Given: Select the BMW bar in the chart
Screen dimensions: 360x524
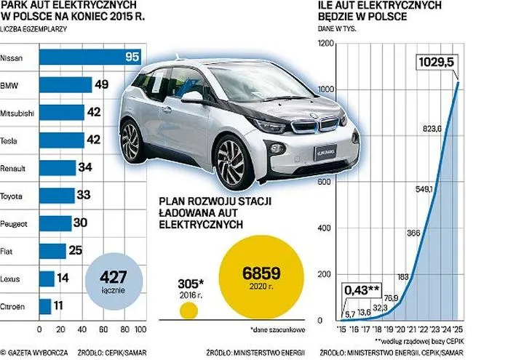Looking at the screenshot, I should pyautogui.click(x=65, y=85).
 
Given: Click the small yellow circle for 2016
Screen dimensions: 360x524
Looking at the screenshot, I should pyautogui.click(x=188, y=311).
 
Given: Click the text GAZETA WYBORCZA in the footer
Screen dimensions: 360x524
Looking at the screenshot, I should pyautogui.click(x=37, y=351).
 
